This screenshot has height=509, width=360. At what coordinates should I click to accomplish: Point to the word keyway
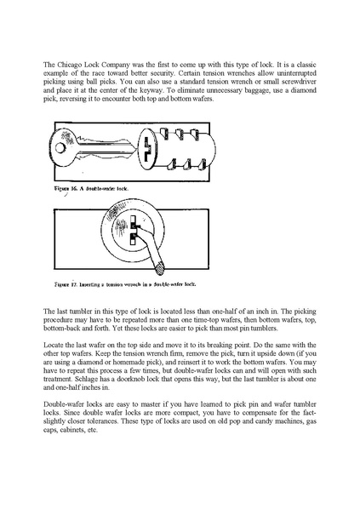pos(141,90)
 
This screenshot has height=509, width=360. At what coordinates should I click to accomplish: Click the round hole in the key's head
pos(60,148)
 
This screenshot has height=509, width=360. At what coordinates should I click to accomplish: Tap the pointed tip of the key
pos(134,151)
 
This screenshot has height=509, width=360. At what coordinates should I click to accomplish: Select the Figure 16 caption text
pos(91,189)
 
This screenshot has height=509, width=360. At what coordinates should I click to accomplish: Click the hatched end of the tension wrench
pos(159,269)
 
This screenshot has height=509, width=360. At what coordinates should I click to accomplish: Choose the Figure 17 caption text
pos(125,284)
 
